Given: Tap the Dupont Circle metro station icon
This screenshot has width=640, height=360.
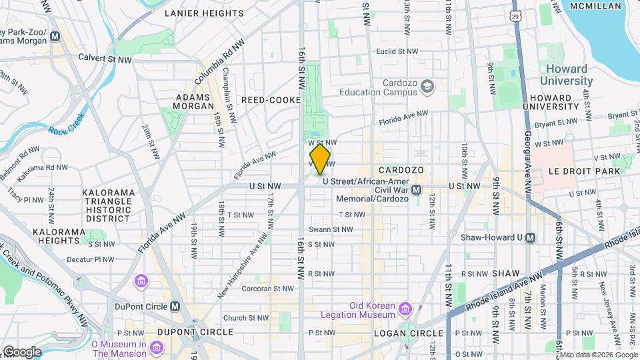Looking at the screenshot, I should tap(175, 307).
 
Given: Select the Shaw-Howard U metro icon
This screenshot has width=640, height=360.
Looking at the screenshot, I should tap(530, 237).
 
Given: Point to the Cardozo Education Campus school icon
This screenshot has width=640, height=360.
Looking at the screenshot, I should tap(427, 86).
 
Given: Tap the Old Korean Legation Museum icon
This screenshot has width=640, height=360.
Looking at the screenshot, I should tap(404, 309).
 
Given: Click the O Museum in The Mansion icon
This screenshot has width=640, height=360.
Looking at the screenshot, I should tap(156, 348).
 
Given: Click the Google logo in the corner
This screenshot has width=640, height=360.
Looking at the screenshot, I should tap(21, 351).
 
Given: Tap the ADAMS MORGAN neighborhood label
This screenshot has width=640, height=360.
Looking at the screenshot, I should tap(193, 101).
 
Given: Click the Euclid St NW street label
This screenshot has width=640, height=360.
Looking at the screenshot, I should tap(397, 51).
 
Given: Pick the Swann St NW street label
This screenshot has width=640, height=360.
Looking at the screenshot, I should tap(333, 229).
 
